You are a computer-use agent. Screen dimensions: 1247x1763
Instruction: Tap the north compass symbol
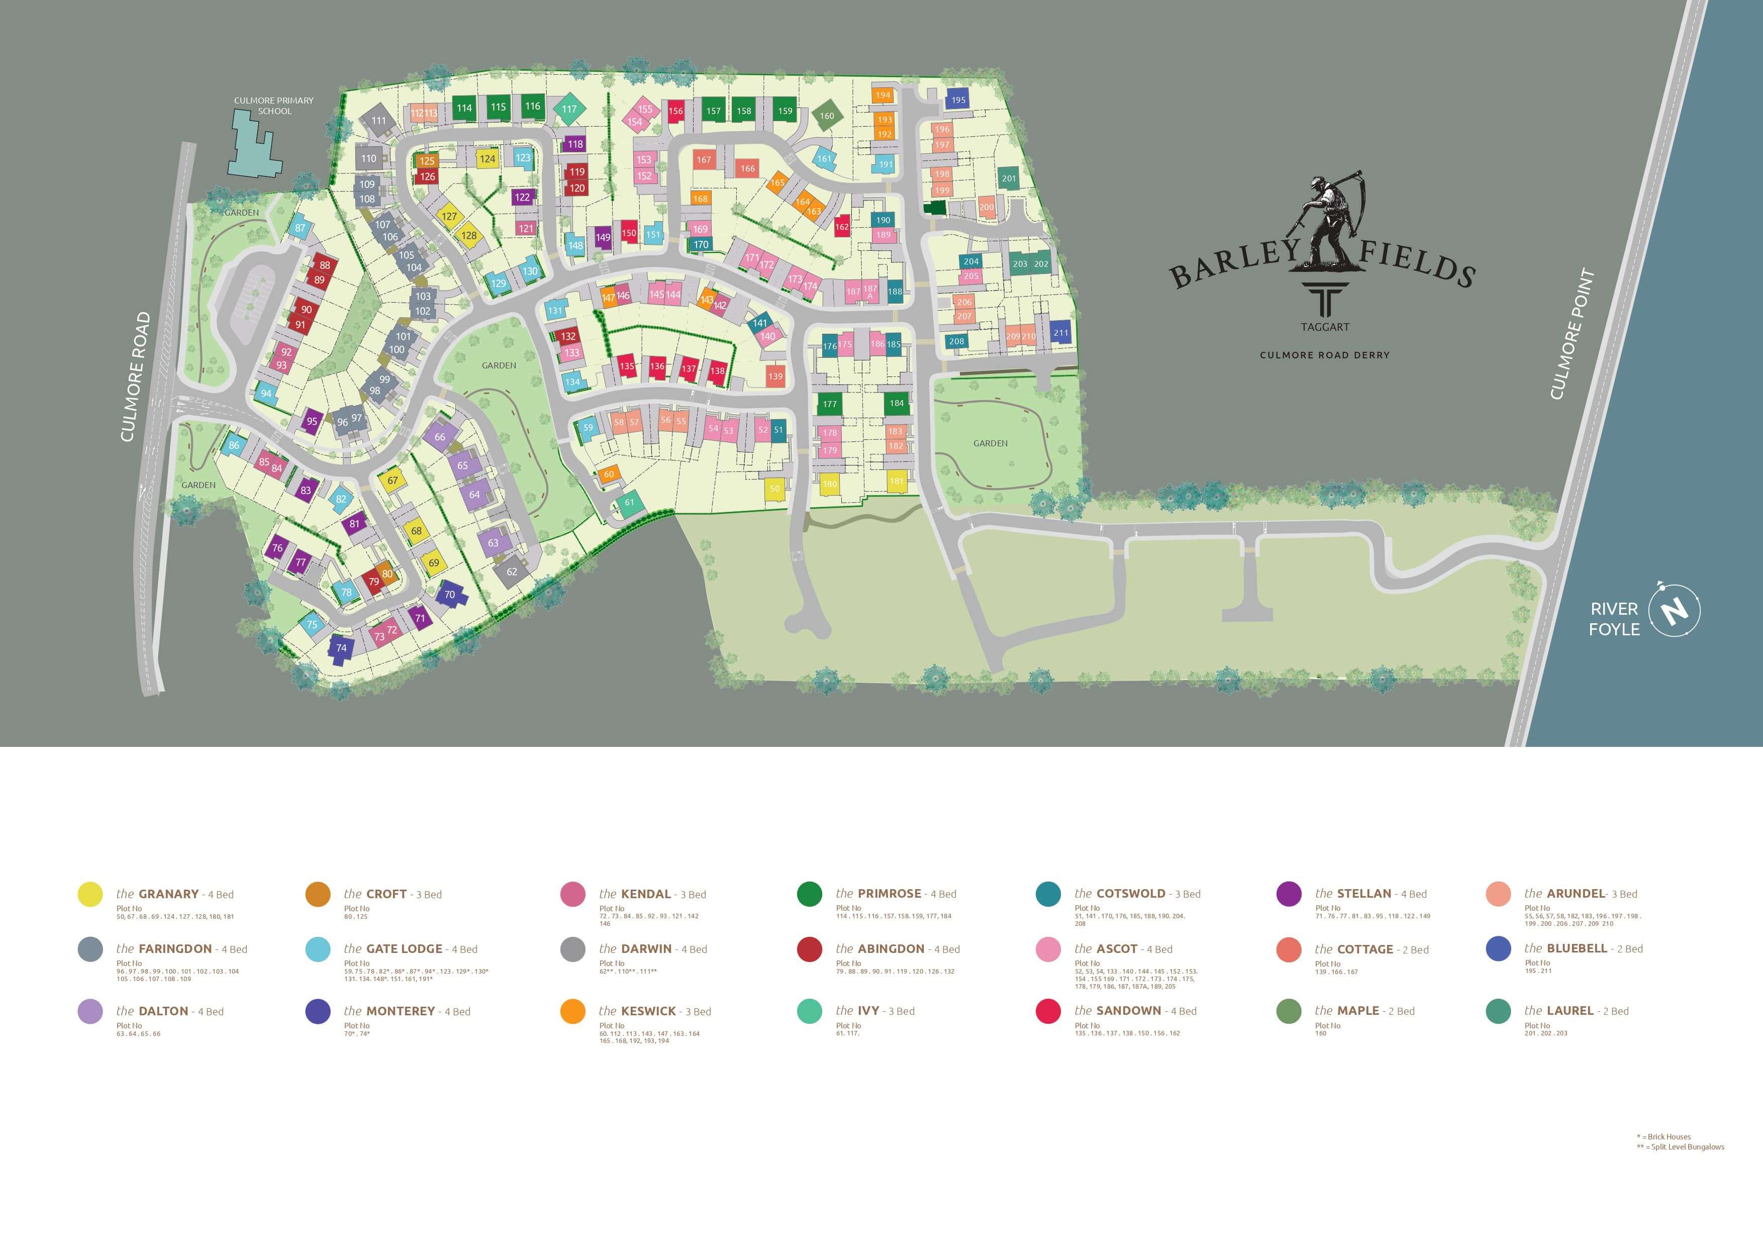click(x=1675, y=611)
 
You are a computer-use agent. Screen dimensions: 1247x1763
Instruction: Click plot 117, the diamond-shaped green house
click(x=569, y=109)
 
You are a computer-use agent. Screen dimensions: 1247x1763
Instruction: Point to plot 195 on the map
click(x=958, y=100)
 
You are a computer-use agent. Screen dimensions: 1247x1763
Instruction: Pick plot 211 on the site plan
click(x=1060, y=332)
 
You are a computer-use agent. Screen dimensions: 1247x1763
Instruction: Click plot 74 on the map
click(x=341, y=648)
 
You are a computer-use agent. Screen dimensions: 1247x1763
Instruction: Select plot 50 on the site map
click(x=775, y=489)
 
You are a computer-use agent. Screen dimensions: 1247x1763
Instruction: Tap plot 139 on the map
click(x=775, y=376)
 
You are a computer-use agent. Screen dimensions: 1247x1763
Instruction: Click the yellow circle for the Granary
click(x=90, y=894)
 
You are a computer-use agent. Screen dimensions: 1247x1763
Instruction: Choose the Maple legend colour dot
click(x=1289, y=1011)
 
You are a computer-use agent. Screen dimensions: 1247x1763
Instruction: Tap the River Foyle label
click(x=1614, y=619)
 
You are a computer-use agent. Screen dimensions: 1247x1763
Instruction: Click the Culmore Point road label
click(x=1572, y=335)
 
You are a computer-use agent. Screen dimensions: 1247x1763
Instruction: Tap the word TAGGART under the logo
click(x=1325, y=327)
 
